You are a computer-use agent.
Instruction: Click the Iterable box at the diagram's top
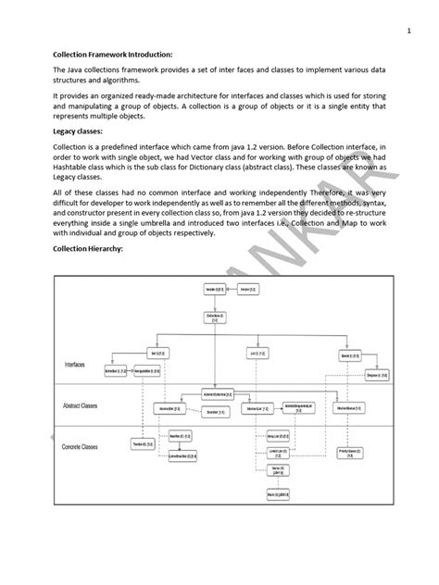click(x=213, y=290)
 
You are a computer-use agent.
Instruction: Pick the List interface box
click(x=252, y=353)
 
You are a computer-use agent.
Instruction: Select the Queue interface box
click(x=348, y=353)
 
